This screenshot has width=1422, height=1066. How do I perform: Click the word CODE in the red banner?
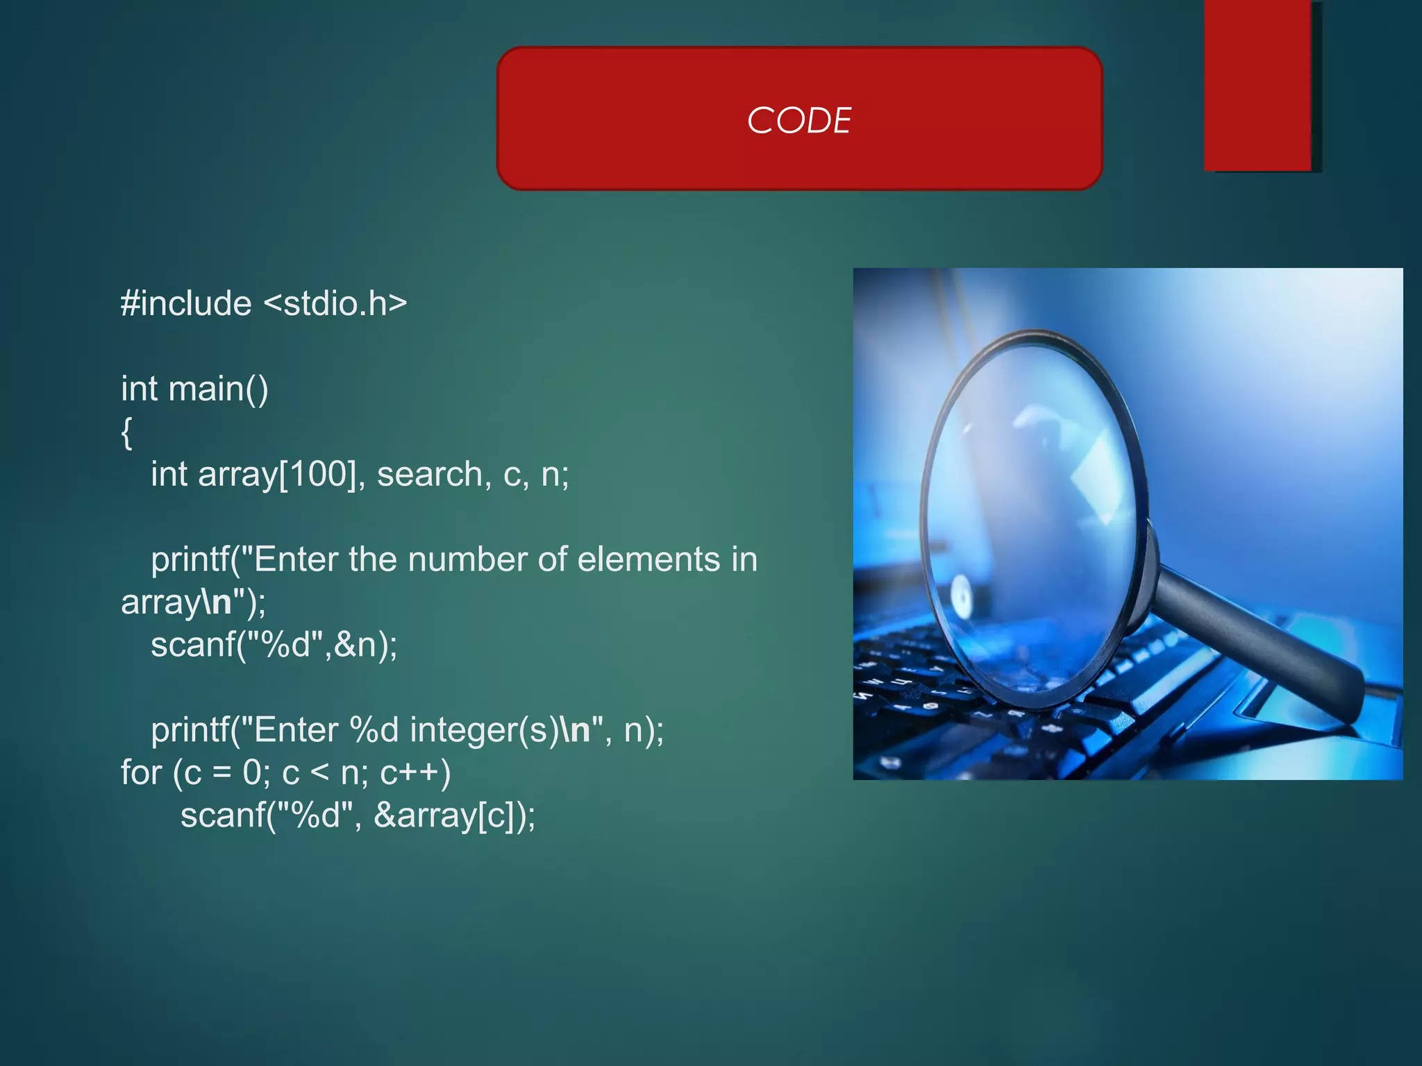[799, 121]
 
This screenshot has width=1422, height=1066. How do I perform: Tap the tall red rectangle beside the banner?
[1257, 85]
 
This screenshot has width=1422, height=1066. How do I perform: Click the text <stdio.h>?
[335, 304]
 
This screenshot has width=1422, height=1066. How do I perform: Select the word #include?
[186, 304]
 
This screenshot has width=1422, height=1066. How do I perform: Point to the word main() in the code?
[218, 389]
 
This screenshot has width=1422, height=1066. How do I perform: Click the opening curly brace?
[126, 433]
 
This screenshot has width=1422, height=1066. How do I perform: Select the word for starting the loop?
[141, 773]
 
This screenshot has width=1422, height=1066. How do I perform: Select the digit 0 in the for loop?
[252, 773]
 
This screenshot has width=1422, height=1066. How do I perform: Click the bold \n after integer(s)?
[576, 730]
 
